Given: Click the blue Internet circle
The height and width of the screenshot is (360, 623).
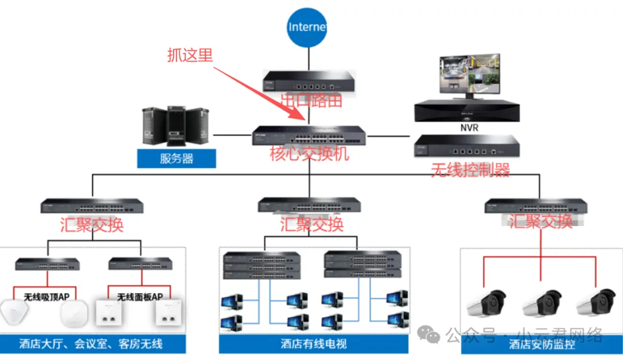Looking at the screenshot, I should click(x=308, y=27).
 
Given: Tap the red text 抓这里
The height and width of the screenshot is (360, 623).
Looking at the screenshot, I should click(x=190, y=55).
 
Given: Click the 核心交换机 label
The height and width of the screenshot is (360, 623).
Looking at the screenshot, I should click(x=309, y=154).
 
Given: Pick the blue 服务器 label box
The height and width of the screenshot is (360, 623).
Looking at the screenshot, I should click(x=177, y=158).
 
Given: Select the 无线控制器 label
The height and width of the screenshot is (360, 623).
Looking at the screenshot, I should click(x=471, y=170).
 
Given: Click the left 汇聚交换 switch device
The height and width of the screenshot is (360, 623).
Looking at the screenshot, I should click(x=92, y=206).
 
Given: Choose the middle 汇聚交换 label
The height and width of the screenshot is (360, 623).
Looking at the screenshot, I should click(x=312, y=224).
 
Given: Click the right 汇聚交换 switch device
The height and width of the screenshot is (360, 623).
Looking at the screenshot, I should click(x=536, y=205).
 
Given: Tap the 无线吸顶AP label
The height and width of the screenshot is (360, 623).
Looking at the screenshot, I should click(x=47, y=297).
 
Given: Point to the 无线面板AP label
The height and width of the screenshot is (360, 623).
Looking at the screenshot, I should click(x=140, y=297).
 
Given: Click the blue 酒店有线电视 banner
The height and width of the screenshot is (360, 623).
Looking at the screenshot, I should click(x=314, y=344).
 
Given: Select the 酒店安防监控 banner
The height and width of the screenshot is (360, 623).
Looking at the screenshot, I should click(x=542, y=344).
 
